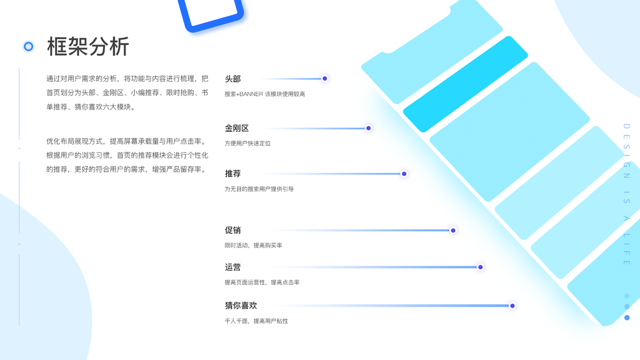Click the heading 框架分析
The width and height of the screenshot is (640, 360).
click(x=88, y=46)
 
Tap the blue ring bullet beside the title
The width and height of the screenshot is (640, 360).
click(x=28, y=46)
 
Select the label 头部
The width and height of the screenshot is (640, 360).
click(x=233, y=79)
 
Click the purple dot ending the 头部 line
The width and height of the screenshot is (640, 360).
click(x=324, y=79)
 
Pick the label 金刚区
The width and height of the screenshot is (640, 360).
click(x=236, y=128)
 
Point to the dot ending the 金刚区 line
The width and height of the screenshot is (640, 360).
click(x=368, y=128)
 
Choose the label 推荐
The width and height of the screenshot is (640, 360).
click(x=233, y=173)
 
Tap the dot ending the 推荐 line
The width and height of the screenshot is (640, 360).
click(x=404, y=173)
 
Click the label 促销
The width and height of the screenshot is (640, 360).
click(x=233, y=230)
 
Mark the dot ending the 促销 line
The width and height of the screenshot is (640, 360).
click(x=453, y=230)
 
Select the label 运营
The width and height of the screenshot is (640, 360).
click(x=233, y=267)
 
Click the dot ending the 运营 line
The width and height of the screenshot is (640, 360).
click(x=480, y=267)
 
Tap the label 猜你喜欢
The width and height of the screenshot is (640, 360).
click(x=241, y=305)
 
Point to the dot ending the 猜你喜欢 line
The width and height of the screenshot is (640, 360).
click(x=512, y=305)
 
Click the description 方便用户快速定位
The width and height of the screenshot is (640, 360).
click(x=248, y=143)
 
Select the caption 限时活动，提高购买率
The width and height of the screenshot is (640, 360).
click(x=253, y=245)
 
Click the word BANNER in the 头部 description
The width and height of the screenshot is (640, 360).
click(x=251, y=94)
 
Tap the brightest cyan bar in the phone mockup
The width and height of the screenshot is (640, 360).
click(x=465, y=83)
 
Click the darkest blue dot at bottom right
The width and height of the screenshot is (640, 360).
click(x=627, y=317)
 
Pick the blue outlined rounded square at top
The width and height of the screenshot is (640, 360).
click(x=212, y=12)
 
